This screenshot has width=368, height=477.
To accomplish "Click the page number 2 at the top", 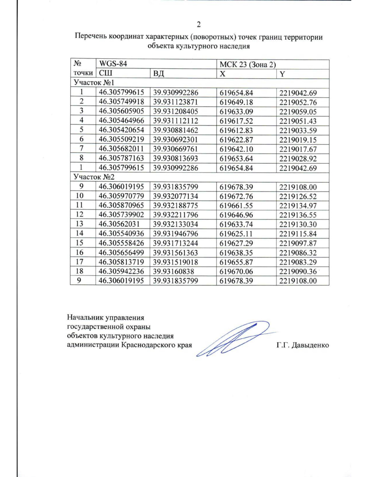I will click(x=198, y=25).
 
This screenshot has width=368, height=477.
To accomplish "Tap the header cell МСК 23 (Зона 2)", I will click(x=247, y=65).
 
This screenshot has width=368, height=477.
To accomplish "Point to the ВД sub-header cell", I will click(x=159, y=74).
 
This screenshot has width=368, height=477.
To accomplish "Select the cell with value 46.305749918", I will click(x=121, y=102).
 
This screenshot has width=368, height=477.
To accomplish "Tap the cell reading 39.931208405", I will click(x=175, y=111).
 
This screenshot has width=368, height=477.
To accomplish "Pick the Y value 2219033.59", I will click(x=298, y=131).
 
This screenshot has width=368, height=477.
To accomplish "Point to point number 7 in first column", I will click(x=82, y=149).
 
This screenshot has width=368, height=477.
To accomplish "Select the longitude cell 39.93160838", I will click(x=173, y=272).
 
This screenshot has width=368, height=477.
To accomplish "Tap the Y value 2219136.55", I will click(x=298, y=215).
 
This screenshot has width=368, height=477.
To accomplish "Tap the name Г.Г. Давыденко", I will click(x=302, y=345).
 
